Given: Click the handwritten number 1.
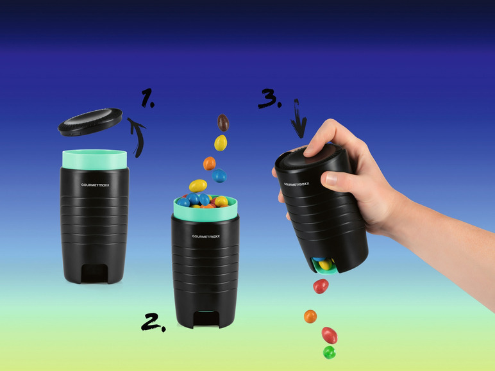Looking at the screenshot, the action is (147, 98).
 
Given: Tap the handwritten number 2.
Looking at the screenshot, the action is (153, 322).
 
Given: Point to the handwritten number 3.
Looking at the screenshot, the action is (269, 99).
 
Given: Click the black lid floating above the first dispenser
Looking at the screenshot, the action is (90, 122).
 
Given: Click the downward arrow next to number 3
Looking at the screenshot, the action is (298, 119).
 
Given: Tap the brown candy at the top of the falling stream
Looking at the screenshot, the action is (223, 123).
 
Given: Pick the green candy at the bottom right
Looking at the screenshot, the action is (330, 352).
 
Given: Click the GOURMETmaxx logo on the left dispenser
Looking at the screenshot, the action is (95, 185).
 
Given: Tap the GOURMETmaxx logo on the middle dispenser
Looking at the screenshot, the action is (206, 236).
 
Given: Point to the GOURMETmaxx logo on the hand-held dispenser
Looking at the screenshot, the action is (296, 185).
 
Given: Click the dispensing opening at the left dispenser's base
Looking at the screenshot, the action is (94, 273).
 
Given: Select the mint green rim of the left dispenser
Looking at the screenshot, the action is (95, 160).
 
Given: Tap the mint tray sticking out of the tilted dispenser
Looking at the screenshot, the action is (324, 267).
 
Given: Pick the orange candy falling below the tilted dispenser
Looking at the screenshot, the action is (310, 317).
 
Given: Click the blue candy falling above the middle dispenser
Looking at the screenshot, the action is (219, 176).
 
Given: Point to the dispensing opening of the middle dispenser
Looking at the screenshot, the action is (206, 318).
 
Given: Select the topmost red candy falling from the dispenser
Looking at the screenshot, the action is (321, 286).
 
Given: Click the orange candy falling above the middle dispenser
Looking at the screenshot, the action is (209, 163).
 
